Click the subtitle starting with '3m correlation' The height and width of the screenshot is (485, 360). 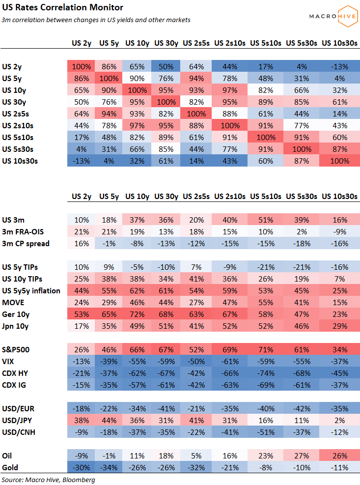(96, 20)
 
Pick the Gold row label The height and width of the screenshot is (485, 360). (11, 468)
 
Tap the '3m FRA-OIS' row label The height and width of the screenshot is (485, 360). (23, 232)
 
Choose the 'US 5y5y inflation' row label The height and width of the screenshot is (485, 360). (31, 291)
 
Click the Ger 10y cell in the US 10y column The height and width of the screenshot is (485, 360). (138, 314)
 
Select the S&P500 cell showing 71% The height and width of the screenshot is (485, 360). (265, 350)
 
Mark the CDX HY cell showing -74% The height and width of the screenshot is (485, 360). (265, 373)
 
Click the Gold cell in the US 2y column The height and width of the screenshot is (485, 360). (82, 468)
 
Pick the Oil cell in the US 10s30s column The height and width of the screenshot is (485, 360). (339, 456)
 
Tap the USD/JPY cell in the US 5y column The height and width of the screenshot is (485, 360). (109, 421)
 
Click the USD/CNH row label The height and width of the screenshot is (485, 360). (19, 432)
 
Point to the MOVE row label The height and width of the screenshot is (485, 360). (14, 303)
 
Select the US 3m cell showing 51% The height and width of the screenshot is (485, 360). (265, 220)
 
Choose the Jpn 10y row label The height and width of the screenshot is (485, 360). (16, 326)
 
